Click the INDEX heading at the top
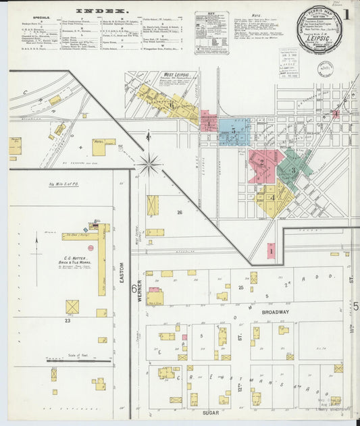[102, 11]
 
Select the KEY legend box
[211, 32]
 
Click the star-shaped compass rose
[147, 163]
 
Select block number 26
[180, 213]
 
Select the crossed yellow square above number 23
[72, 307]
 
